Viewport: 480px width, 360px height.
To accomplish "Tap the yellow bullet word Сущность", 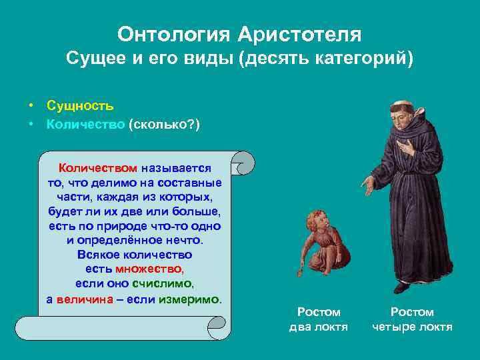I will point(80,105).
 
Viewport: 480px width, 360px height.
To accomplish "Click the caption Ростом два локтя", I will point(319,319).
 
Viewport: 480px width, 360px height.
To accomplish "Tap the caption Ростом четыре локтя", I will point(412,319).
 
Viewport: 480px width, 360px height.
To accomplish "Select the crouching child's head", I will point(317,221).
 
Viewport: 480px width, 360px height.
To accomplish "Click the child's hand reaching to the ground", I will point(301,271).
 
